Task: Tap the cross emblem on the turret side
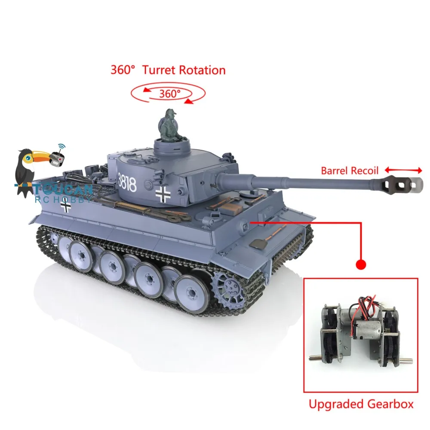(164, 194)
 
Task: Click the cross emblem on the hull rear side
(66, 206)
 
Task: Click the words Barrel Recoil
(350, 171)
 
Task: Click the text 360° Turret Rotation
(168, 70)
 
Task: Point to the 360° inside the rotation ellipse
(169, 93)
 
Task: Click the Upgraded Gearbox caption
(361, 404)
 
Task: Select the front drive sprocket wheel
(229, 286)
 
